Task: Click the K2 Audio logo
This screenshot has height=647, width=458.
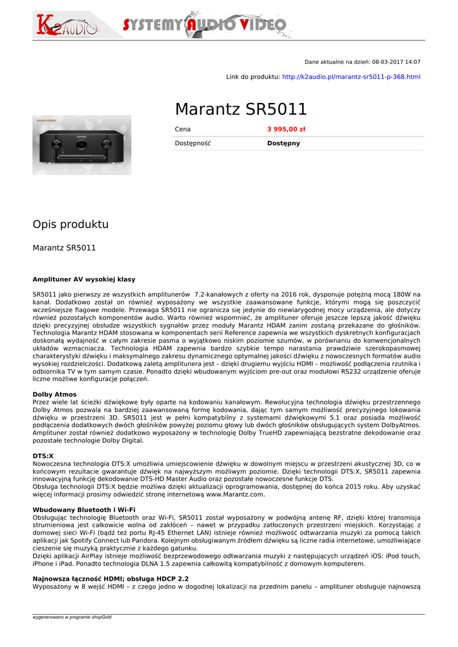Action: (66, 25)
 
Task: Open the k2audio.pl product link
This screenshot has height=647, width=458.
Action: (351, 77)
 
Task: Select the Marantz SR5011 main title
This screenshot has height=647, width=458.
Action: (241, 109)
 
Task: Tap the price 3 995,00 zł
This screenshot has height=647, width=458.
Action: (286, 129)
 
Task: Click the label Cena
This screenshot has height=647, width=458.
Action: (183, 129)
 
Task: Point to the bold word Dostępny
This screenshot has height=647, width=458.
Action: (284, 143)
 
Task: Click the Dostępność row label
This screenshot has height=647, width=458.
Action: (193, 143)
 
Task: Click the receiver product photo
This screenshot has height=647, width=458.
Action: (81, 145)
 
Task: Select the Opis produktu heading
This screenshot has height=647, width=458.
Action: (70, 224)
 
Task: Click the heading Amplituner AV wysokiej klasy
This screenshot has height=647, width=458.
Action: (83, 279)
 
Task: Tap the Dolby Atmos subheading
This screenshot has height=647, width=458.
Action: (54, 394)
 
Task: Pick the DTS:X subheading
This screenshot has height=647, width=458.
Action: (43, 455)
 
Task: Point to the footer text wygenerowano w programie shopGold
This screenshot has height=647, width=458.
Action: (72, 617)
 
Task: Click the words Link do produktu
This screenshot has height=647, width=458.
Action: (253, 77)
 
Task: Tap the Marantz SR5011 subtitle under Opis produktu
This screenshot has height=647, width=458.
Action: (64, 248)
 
